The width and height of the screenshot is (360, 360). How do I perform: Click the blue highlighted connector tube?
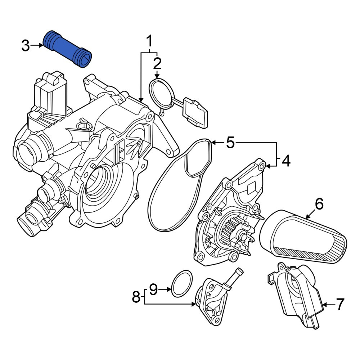tap(68, 49)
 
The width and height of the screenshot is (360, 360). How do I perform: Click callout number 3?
tap(26, 46)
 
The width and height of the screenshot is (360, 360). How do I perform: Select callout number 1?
tap(149, 41)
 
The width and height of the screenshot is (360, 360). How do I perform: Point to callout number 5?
tap(230, 143)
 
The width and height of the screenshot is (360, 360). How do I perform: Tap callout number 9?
tap(154, 289)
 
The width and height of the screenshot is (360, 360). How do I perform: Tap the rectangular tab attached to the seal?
tap(195, 113)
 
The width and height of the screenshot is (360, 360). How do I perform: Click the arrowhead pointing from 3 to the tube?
tap(41, 45)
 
